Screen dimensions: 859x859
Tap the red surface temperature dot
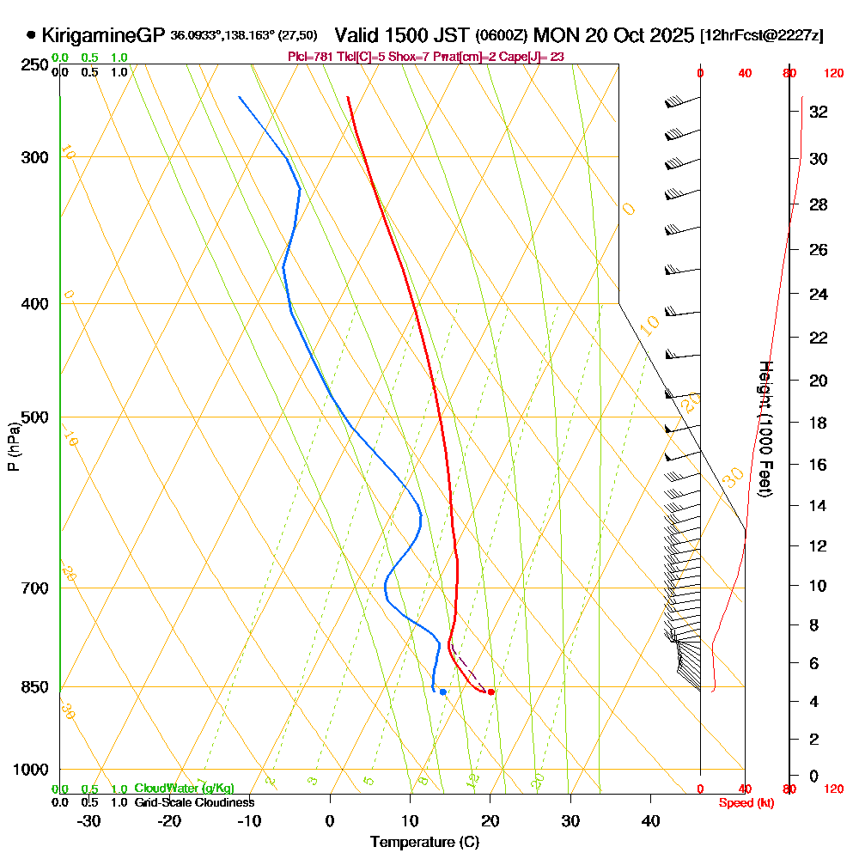point(490,691)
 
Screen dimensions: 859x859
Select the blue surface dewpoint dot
point(442,691)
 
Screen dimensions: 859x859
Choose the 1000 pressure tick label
point(31,770)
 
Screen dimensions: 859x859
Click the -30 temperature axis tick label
point(89,820)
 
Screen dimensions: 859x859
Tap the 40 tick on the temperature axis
point(650,820)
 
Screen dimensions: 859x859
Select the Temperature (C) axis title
point(424,843)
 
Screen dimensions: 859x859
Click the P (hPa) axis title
point(14,446)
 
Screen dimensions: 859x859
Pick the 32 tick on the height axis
point(818,112)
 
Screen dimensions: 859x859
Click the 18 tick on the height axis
point(818,423)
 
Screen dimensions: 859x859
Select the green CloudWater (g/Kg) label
point(184,788)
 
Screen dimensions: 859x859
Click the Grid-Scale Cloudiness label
point(194,802)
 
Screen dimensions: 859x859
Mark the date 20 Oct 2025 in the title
point(638,35)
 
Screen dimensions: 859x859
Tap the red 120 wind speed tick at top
point(832,74)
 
